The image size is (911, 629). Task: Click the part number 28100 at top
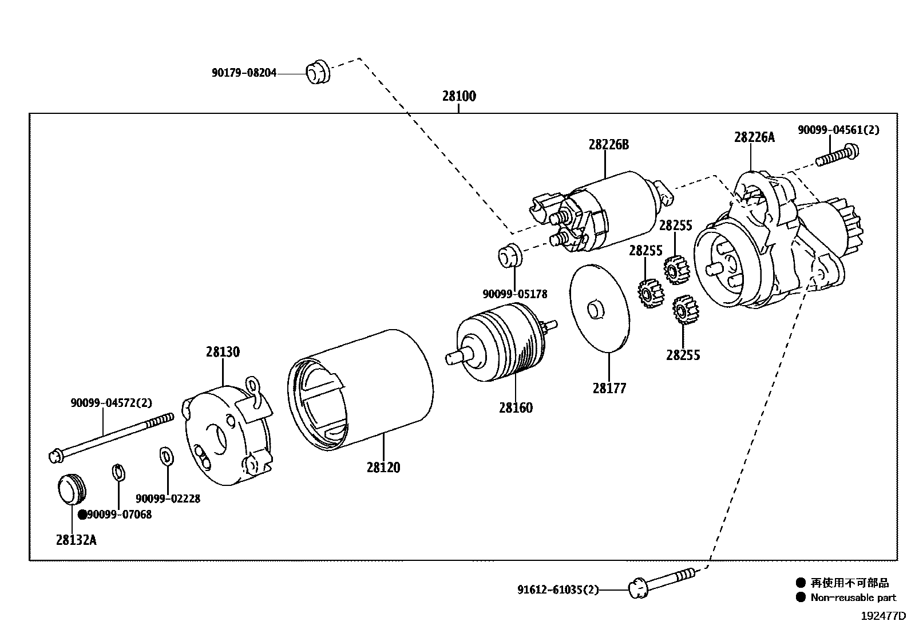[459, 96]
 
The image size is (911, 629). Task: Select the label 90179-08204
[244, 73]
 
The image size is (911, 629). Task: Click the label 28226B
[608, 145]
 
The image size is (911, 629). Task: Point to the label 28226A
[754, 137]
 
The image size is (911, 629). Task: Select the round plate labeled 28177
[600, 308]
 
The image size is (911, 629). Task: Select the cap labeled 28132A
[72, 489]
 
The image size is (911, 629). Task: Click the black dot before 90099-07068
[82, 515]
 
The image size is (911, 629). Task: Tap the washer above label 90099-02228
[166, 457]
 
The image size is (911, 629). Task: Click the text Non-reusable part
[853, 598]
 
